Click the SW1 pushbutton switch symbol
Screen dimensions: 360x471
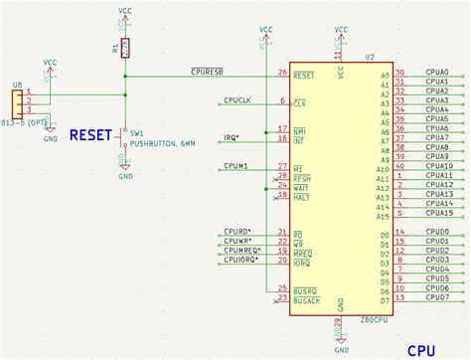(x=124, y=145)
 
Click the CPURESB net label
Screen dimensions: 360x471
(x=207, y=72)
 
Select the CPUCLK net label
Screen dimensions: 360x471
(x=237, y=100)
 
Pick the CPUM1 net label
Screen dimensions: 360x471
(x=235, y=166)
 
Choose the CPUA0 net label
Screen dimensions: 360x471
(x=437, y=72)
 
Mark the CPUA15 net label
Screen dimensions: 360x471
(x=439, y=213)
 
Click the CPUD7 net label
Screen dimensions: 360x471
(x=436, y=299)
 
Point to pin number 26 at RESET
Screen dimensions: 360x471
(x=283, y=73)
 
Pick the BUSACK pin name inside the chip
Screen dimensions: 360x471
(x=307, y=299)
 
